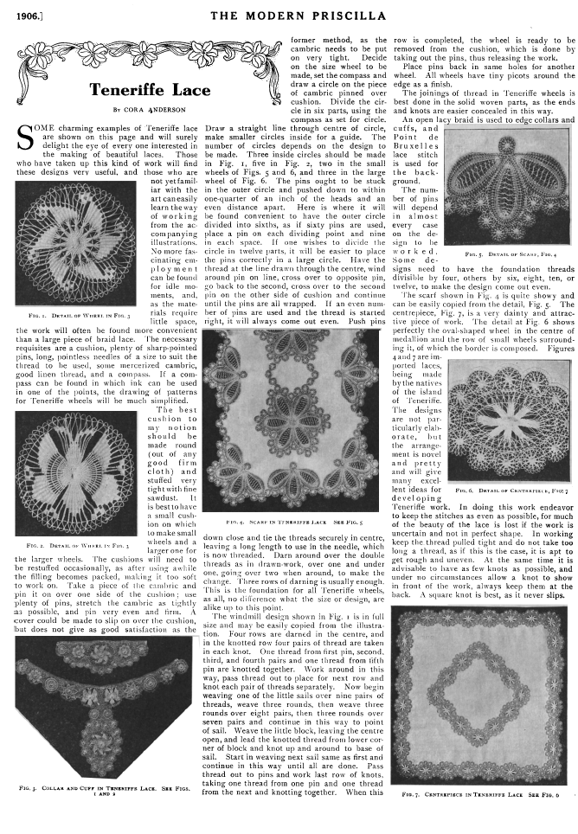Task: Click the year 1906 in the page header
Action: pyautogui.click(x=20, y=15)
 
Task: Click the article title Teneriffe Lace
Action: pyautogui.click(x=149, y=90)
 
